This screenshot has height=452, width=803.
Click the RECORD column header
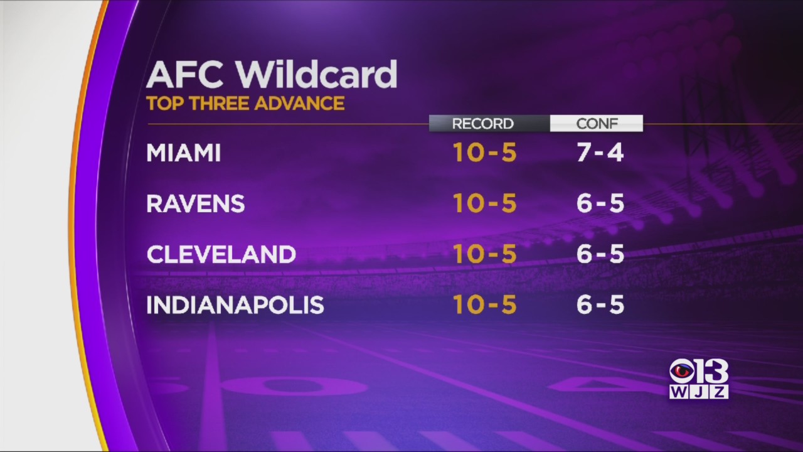[483, 124]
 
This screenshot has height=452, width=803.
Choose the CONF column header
[597, 124]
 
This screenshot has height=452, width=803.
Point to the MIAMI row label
[183, 153]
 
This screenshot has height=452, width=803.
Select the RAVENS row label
[195, 203]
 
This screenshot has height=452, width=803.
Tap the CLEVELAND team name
[221, 254]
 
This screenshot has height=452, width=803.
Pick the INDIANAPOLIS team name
[235, 305]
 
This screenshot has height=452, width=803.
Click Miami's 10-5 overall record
[485, 153]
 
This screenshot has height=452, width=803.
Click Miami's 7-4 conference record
[600, 153]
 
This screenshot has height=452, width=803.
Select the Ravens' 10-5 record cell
[485, 203]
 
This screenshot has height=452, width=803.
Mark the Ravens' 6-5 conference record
[600, 203]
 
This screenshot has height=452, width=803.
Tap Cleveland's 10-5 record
[485, 254]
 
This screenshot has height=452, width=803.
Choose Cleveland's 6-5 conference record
[600, 254]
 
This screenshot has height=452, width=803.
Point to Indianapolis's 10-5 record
[485, 304]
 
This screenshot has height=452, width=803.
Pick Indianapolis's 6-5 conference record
[600, 304]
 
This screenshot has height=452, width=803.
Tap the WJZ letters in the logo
[699, 392]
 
